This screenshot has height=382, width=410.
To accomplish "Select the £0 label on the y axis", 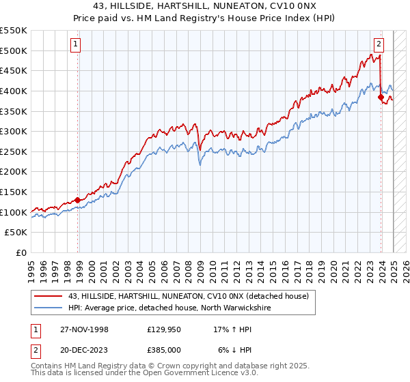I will (x=21, y=252).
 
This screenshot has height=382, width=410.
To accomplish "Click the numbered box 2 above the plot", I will (x=378, y=45).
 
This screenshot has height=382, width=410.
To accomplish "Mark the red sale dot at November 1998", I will (x=77, y=200).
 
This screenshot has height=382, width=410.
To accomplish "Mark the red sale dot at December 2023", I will (x=381, y=98).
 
